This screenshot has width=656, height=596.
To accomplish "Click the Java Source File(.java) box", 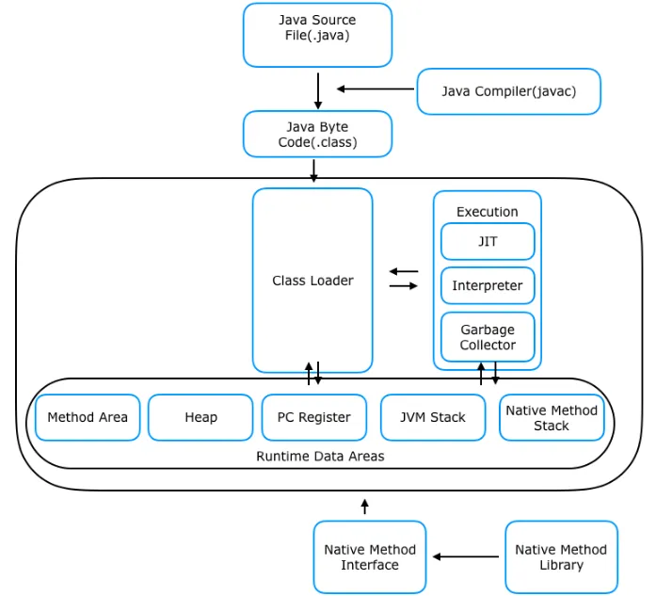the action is click(x=317, y=35).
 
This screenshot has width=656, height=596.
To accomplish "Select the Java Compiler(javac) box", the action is click(x=509, y=91).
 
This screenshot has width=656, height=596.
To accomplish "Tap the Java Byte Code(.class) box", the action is click(x=317, y=134).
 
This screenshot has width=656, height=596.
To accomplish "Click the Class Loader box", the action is click(x=312, y=280).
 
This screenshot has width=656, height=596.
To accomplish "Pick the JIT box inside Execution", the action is click(x=488, y=241).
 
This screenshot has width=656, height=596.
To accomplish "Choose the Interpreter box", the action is click(x=488, y=285).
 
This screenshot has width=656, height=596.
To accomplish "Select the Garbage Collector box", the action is click(x=488, y=337).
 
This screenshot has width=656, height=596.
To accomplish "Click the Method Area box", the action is click(x=88, y=417).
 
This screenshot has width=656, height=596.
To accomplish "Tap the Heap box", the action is click(x=200, y=417).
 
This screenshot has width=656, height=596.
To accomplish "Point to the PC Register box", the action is click(x=314, y=417).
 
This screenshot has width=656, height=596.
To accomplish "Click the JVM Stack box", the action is click(x=433, y=417).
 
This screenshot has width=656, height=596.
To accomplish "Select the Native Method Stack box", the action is click(x=552, y=417).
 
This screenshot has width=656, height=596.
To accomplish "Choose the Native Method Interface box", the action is click(x=370, y=557).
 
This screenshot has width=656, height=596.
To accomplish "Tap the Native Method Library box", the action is click(x=562, y=557).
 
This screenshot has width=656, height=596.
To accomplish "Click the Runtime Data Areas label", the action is click(x=320, y=457).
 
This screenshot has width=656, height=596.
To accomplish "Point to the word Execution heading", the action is click(x=488, y=212).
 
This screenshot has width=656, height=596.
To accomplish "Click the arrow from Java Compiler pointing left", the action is click(x=376, y=89).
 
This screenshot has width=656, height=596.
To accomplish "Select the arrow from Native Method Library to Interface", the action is click(x=466, y=556).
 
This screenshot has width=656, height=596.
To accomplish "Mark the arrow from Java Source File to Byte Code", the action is click(x=318, y=90).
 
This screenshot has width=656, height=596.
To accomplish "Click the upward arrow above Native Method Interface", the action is click(x=365, y=507).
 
